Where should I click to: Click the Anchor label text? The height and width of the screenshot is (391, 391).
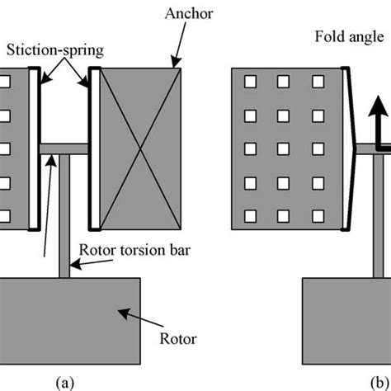(189, 13)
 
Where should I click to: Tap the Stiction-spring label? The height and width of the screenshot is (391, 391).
(55, 50)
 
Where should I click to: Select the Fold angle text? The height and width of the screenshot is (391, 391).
(349, 37)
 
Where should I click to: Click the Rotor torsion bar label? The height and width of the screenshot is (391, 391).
(134, 250)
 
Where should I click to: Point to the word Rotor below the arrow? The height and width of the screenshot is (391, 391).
(178, 339)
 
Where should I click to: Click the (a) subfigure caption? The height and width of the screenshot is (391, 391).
(65, 383)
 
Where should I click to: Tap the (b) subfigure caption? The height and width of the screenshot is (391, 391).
(380, 383)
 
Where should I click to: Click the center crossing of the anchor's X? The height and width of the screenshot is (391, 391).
(140, 149)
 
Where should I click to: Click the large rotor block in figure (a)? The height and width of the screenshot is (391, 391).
(70, 321)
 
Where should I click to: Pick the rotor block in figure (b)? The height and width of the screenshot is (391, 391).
(346, 321)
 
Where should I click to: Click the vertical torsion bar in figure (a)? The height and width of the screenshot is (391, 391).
(64, 216)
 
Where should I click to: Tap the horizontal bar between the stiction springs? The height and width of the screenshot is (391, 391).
(64, 149)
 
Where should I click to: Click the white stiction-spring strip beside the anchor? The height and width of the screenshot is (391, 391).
(95, 148)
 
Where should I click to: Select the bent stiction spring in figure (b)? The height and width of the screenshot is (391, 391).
(349, 148)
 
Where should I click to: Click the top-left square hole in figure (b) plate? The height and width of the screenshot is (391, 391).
(250, 82)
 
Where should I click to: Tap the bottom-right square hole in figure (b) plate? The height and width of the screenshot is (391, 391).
(318, 216)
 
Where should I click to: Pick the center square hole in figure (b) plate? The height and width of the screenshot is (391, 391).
(283, 148)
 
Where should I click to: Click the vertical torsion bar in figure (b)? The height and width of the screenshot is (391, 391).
(379, 216)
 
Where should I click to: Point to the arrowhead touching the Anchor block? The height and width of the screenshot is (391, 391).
(177, 63)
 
